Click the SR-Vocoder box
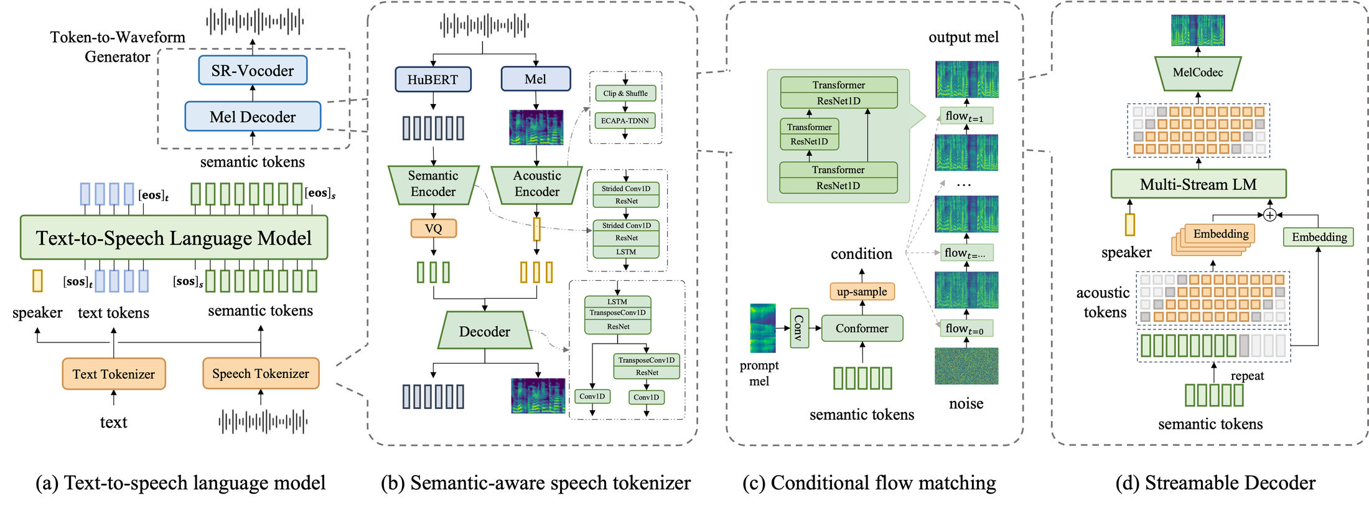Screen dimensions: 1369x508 click(x=253, y=70)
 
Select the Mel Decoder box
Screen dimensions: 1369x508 click(x=253, y=116)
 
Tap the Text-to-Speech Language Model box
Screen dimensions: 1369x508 click(x=174, y=237)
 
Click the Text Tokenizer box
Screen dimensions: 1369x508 click(x=114, y=374)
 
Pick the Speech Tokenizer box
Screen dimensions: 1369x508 click(x=261, y=373)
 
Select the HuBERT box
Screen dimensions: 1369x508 click(x=433, y=79)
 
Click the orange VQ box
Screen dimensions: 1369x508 click(x=434, y=228)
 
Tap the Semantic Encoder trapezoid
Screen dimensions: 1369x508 click(x=433, y=184)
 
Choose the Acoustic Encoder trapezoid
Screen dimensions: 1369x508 click(x=537, y=184)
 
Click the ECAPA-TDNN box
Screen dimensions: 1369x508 click(x=625, y=121)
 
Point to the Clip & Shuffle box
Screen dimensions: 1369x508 click(x=625, y=93)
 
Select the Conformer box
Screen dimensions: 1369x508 click(x=862, y=328)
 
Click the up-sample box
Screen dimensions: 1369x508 click(x=862, y=291)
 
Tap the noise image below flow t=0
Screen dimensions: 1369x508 click(x=966, y=366)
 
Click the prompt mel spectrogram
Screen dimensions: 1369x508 click(x=763, y=328)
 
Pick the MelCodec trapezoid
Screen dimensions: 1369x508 click(x=1198, y=73)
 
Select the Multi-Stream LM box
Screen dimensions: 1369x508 click(x=1198, y=184)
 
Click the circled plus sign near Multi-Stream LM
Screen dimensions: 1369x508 click(x=1270, y=215)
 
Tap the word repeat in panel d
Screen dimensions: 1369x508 click(x=1247, y=375)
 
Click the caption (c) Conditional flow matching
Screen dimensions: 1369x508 click(x=869, y=483)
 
